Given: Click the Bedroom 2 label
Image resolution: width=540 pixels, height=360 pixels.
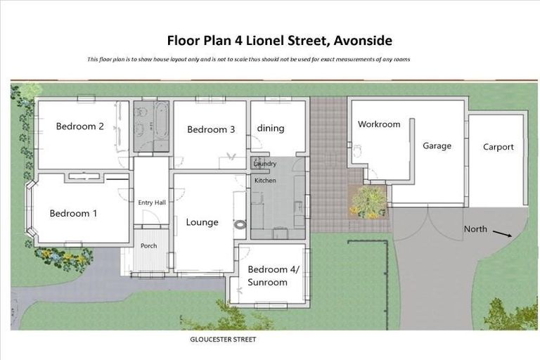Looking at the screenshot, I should [x=80, y=127].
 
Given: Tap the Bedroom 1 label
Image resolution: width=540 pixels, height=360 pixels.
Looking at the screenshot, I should [x=73, y=213].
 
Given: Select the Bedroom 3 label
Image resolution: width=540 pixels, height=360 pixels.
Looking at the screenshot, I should [x=211, y=129].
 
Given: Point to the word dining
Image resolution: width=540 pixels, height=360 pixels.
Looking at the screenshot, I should [x=271, y=128].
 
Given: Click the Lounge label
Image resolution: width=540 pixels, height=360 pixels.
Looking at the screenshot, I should [x=202, y=222].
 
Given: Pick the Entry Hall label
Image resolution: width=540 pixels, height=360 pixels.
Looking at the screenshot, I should [x=151, y=202].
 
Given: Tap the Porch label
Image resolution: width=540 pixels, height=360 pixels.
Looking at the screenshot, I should [x=148, y=245].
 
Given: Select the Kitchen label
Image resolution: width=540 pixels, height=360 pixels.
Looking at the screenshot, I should [x=265, y=181].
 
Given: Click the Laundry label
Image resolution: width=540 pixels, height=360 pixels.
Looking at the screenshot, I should [x=265, y=164].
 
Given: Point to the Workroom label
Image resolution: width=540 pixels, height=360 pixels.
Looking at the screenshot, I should [x=379, y=124].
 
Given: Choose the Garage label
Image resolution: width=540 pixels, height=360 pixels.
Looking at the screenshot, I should [x=437, y=146].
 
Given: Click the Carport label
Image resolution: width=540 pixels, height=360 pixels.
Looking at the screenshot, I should [x=498, y=147].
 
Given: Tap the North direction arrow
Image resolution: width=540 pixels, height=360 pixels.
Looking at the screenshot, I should [x=501, y=233].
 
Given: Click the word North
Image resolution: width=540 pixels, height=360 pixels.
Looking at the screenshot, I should [x=475, y=229].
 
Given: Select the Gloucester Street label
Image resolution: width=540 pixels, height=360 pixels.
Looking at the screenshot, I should [x=224, y=340].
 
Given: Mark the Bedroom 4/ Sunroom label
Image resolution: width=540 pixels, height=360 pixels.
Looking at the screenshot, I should [x=267, y=276].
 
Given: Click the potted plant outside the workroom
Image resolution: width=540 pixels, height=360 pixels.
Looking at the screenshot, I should [x=368, y=202].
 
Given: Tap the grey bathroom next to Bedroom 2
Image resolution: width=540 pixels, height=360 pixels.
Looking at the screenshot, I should [x=151, y=126].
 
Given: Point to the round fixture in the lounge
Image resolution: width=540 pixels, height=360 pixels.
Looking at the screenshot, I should [x=241, y=226].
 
